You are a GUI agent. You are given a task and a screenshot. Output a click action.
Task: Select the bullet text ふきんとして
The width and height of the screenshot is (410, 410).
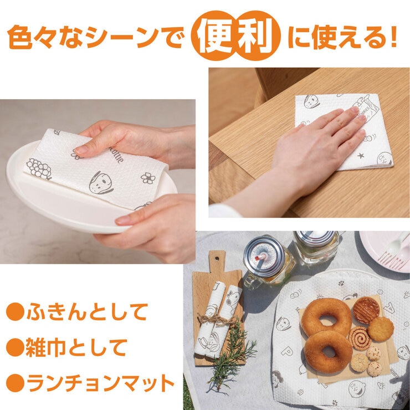point(87,312)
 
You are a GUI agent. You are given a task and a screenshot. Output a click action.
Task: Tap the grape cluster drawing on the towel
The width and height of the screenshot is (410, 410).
point(39,168)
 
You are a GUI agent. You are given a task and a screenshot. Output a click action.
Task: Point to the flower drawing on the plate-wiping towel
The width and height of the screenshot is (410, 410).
point(148,178)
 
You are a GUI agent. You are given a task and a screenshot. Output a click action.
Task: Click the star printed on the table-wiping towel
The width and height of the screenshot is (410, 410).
point(361,156)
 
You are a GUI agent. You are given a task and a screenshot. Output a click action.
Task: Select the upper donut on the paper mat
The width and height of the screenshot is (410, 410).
point(326,317)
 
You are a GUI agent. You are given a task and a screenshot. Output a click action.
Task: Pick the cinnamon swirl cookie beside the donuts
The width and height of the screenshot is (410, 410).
point(360,338)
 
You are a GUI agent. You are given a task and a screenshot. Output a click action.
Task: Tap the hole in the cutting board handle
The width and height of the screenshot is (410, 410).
point(217,258)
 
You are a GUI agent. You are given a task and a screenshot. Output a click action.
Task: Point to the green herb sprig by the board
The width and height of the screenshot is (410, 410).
point(230,361)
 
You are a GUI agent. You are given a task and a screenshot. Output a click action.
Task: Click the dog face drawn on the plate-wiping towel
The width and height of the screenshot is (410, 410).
point(100,182)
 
